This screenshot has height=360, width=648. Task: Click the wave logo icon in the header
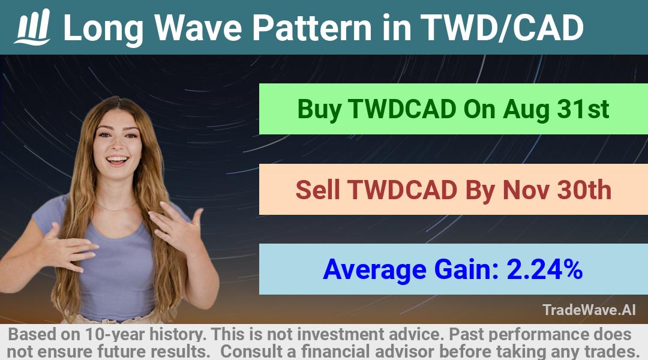coord(32,27)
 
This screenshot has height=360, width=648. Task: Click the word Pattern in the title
coord(313,28)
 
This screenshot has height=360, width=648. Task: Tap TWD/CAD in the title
coord(502,28)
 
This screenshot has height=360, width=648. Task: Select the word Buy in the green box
coord(319,110)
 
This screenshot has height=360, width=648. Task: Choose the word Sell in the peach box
coord(317,190)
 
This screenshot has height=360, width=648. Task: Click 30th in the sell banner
coord(584,190)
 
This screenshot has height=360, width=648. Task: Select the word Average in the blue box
coord(374,270)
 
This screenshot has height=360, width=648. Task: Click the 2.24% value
coord(544,269)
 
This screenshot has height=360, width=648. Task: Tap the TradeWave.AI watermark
coord(589,310)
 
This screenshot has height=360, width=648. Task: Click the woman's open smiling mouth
coord(117,160)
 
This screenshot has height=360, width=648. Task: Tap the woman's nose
coord(117,145)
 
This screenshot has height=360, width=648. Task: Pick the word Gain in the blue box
coord(462,269)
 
